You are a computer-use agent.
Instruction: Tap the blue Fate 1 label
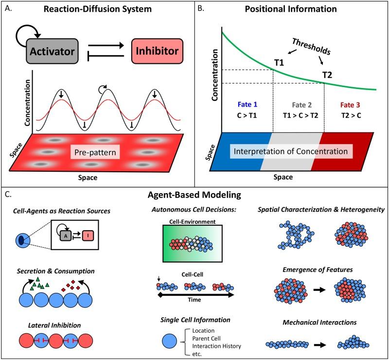pyautogui.click(x=247, y=104)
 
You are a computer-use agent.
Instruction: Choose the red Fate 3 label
pyautogui.click(x=348, y=104)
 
